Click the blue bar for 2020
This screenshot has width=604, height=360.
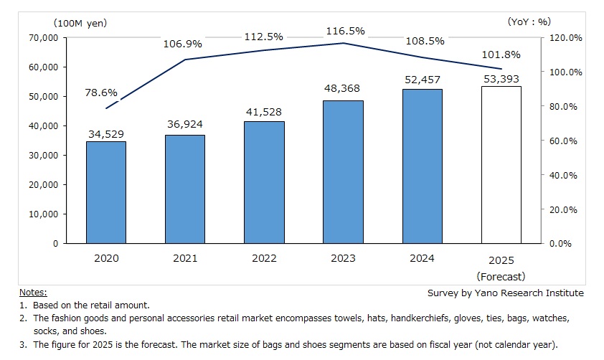point(106,192)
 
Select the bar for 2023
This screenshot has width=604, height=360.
point(343,172)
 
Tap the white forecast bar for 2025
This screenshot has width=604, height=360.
point(501,165)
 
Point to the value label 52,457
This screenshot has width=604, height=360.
point(422,80)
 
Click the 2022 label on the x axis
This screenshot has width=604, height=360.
point(264,258)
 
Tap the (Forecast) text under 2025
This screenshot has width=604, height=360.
point(501,276)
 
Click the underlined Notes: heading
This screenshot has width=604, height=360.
point(33,292)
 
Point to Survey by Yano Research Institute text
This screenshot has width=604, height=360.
point(505,293)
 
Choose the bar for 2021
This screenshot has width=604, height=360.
point(185,189)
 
